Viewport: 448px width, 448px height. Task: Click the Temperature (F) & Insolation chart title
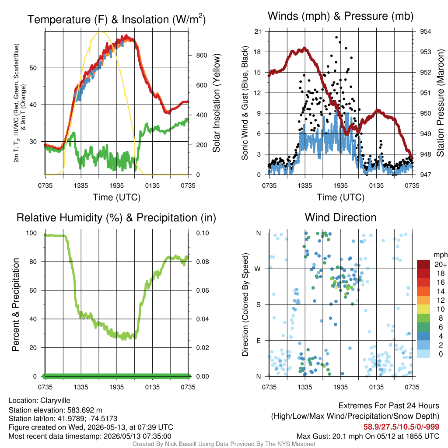(116, 19)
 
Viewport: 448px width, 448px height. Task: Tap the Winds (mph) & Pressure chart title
(340, 16)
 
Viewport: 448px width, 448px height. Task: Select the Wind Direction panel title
(340, 217)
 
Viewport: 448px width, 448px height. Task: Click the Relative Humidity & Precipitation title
(116, 218)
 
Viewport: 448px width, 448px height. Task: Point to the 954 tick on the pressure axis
(425, 31)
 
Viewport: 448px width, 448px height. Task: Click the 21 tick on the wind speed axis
(258, 31)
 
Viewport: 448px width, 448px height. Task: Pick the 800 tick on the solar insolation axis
(201, 56)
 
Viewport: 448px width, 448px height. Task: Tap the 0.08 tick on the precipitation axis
(203, 262)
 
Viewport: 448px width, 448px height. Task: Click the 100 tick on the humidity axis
(31, 233)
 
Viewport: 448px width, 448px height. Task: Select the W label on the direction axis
(258, 269)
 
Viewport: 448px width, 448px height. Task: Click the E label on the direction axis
(259, 340)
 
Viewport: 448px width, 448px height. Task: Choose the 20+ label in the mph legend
(441, 265)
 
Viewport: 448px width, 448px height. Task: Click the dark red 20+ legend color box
(423, 264)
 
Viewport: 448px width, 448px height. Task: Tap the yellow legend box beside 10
(423, 309)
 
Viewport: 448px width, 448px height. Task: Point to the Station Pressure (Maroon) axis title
(440, 103)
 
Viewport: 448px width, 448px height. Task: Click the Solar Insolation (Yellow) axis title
(217, 103)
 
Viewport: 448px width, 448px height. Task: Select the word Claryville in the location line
(55, 401)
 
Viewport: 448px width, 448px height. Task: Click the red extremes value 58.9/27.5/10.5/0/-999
(401, 427)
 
